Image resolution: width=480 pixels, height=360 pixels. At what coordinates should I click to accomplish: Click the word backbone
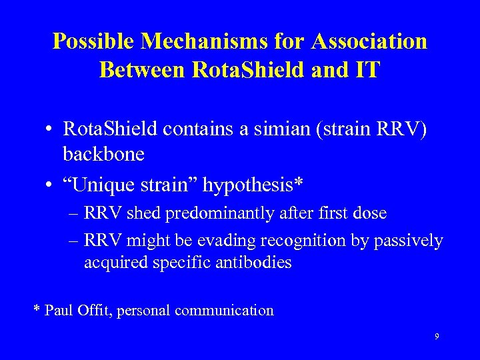tap(103, 153)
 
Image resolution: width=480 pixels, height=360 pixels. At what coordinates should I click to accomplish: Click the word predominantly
tap(213, 214)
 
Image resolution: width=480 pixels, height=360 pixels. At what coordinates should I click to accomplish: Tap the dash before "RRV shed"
tap(73, 214)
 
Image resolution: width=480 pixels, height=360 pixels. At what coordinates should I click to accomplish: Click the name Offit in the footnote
tap(94, 310)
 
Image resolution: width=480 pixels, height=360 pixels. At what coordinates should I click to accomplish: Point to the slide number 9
tap(437, 337)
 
